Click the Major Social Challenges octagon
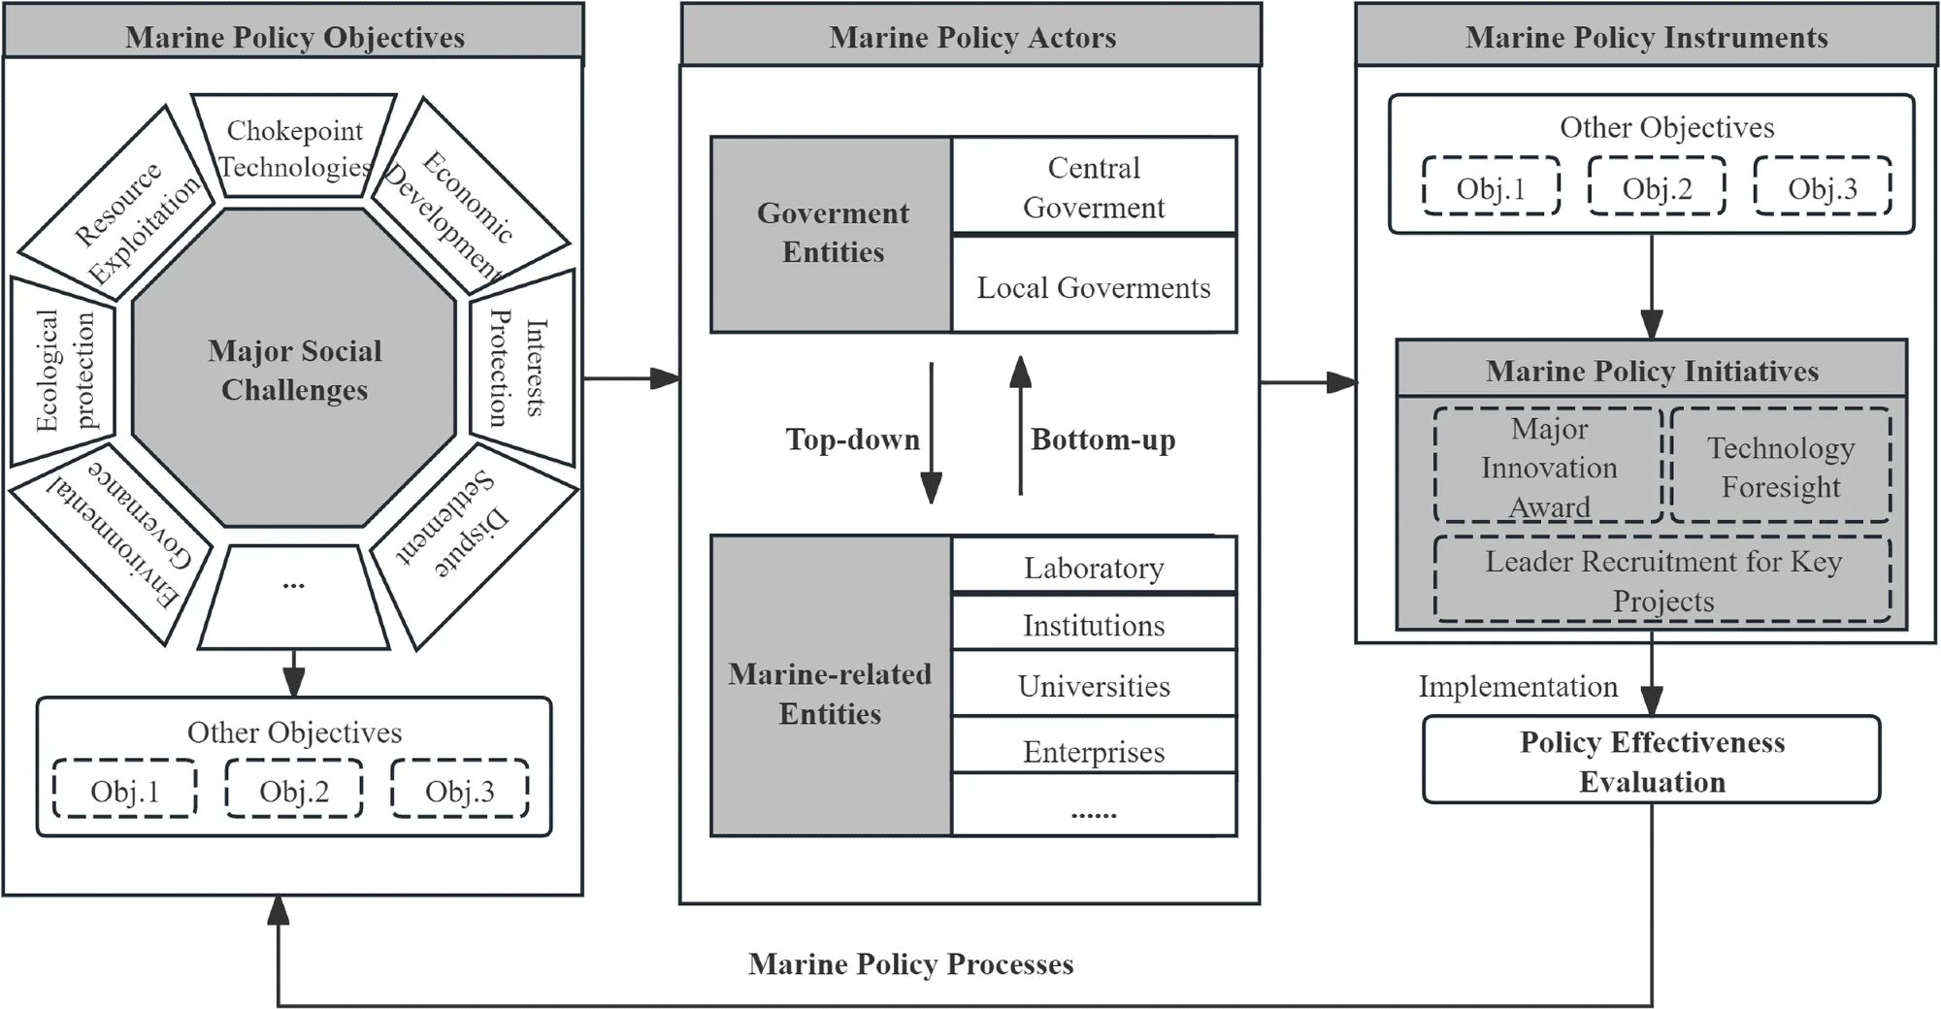coord(294,369)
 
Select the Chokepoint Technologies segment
coord(295,147)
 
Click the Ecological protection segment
coord(64,370)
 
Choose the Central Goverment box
coord(1094,187)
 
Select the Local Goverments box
coord(1094,287)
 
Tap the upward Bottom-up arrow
coord(1020,427)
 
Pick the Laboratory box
coord(1094,567)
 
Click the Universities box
coord(1094,685)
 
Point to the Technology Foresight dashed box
coord(1781,467)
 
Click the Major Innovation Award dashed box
coord(1549,467)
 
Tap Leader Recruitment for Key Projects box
coord(1662,580)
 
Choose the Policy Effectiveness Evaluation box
coord(1652,761)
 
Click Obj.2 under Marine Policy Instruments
coord(1657,187)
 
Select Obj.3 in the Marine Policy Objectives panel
coord(460,790)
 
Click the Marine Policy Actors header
coord(971,36)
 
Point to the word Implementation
coord(1518,686)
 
